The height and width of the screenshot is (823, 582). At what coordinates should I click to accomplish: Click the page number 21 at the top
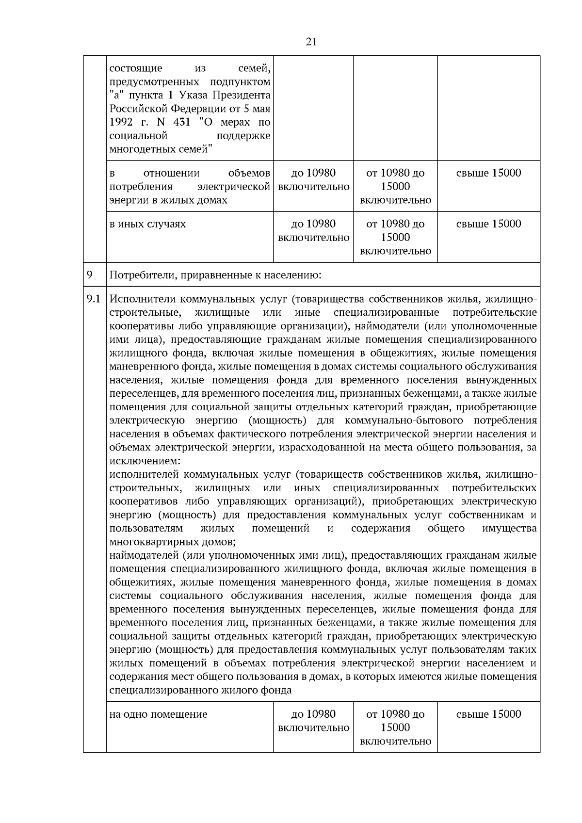[311, 42]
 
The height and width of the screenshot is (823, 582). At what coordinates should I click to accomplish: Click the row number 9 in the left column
[90, 275]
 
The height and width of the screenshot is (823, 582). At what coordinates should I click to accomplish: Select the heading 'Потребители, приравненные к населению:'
[216, 276]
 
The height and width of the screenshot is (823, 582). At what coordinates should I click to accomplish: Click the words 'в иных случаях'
[147, 224]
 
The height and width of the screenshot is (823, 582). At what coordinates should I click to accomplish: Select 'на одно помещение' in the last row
[158, 714]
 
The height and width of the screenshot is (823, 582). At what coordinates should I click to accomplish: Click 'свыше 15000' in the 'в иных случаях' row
[488, 224]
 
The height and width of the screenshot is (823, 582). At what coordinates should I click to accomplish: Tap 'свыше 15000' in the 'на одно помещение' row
[488, 714]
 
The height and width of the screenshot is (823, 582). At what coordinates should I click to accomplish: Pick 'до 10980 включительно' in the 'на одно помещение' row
[313, 721]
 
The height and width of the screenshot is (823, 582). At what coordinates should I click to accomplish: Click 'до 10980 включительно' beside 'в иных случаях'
[313, 231]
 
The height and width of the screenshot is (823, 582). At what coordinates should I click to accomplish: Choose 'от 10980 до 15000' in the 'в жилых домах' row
[395, 180]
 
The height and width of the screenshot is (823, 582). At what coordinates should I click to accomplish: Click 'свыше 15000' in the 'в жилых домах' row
[488, 173]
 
